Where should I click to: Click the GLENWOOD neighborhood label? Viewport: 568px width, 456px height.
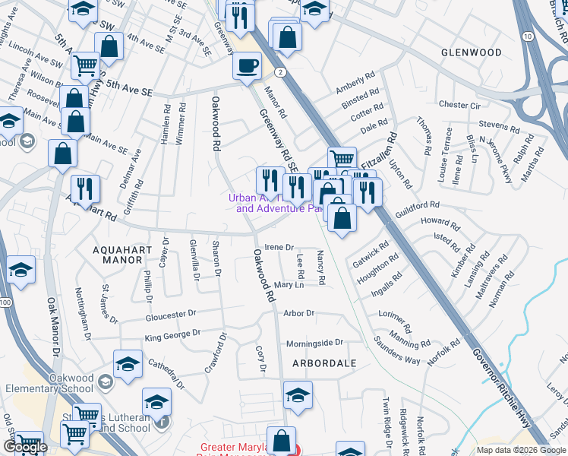coord(472,52)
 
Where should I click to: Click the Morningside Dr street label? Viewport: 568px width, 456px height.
coord(315,344)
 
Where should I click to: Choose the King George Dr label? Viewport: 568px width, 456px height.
coord(172,334)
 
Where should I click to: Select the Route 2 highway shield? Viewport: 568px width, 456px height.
coord(280,71)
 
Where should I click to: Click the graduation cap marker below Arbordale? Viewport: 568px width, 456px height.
coord(298,395)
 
